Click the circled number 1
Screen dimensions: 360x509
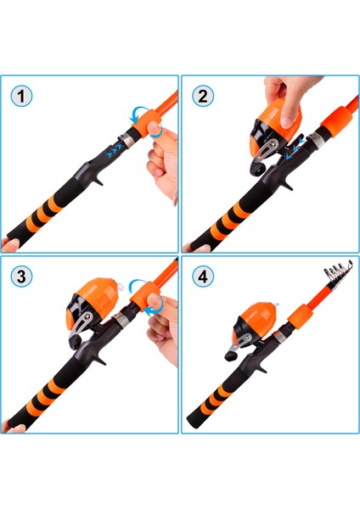21,97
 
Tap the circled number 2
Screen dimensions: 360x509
203,97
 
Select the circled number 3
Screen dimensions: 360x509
21,277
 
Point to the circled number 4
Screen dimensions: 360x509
203,277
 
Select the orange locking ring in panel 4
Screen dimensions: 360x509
301,316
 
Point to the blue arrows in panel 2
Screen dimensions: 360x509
295,148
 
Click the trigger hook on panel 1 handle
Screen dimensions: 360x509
98,179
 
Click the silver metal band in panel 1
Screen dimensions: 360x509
127,140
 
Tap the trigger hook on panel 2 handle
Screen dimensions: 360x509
287,184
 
